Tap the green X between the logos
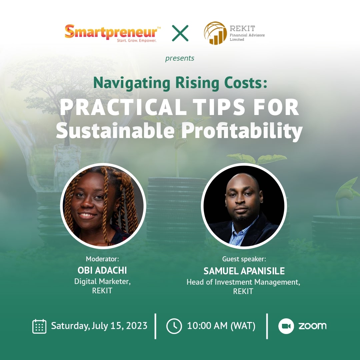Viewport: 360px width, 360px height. [x=180, y=33]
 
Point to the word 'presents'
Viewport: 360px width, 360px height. [x=180, y=58]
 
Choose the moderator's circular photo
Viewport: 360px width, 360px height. [x=103, y=206]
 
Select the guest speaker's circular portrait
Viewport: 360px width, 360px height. [x=244, y=206]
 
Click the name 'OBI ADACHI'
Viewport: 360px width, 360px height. [x=102, y=270]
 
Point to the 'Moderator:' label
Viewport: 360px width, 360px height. [x=102, y=259]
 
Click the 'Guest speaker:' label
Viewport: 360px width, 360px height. [x=244, y=259]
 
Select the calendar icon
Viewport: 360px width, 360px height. [x=39, y=326]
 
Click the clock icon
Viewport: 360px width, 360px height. [x=174, y=326]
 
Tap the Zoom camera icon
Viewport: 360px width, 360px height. [x=286, y=326]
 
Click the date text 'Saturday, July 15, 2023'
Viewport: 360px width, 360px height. [x=99, y=326]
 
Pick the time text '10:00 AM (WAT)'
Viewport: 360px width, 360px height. [x=221, y=326]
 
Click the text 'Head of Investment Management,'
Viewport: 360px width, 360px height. [x=243, y=282]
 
